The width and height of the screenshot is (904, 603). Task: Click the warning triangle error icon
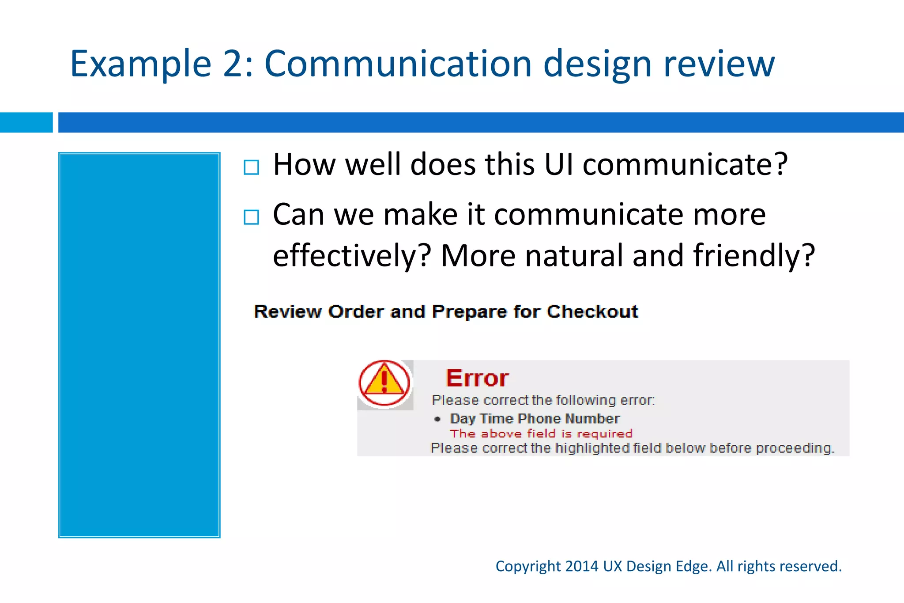point(384,383)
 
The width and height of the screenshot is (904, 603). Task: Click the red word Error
point(477,378)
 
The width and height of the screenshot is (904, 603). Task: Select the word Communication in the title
point(398,64)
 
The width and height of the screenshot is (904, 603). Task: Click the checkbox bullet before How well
point(252,167)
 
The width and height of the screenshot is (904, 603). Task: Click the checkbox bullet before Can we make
point(252,217)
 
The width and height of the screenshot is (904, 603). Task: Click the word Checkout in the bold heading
point(592,312)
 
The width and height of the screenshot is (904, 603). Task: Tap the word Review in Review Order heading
point(288,312)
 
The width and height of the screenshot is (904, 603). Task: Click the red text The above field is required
point(541,434)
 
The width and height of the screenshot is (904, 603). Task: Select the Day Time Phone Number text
point(535,418)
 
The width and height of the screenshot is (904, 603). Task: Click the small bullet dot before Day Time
point(437,419)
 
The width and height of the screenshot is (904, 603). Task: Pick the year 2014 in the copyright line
point(582,566)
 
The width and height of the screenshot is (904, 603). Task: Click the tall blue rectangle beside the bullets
point(139,345)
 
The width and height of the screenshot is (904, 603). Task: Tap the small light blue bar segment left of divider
point(26,122)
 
